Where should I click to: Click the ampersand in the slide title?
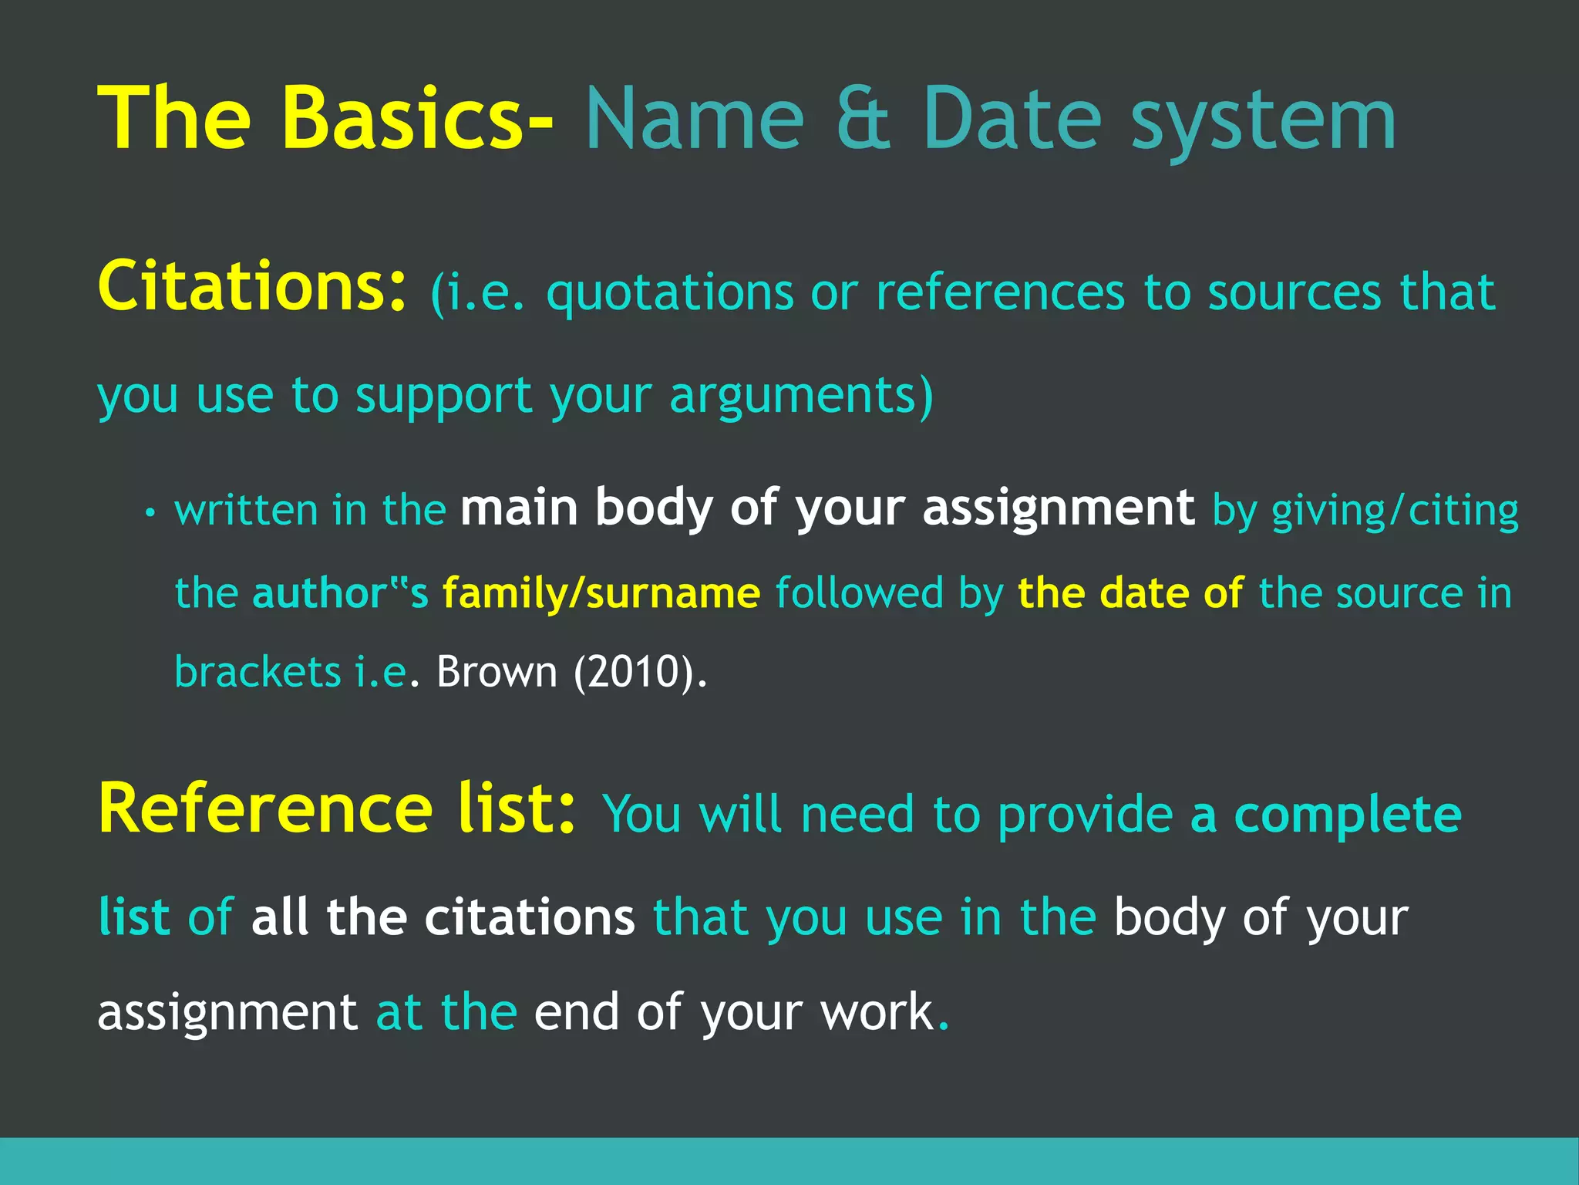click(x=864, y=120)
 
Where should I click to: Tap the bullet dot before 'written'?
click(x=150, y=513)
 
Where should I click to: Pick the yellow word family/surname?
click(x=601, y=593)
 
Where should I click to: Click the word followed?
click(x=859, y=593)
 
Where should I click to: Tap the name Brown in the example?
click(x=497, y=672)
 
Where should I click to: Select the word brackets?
click(x=258, y=672)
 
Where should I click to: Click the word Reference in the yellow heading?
click(x=265, y=809)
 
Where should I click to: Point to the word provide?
click(x=1085, y=816)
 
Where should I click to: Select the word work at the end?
click(x=877, y=1012)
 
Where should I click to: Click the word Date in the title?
click(x=1012, y=120)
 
